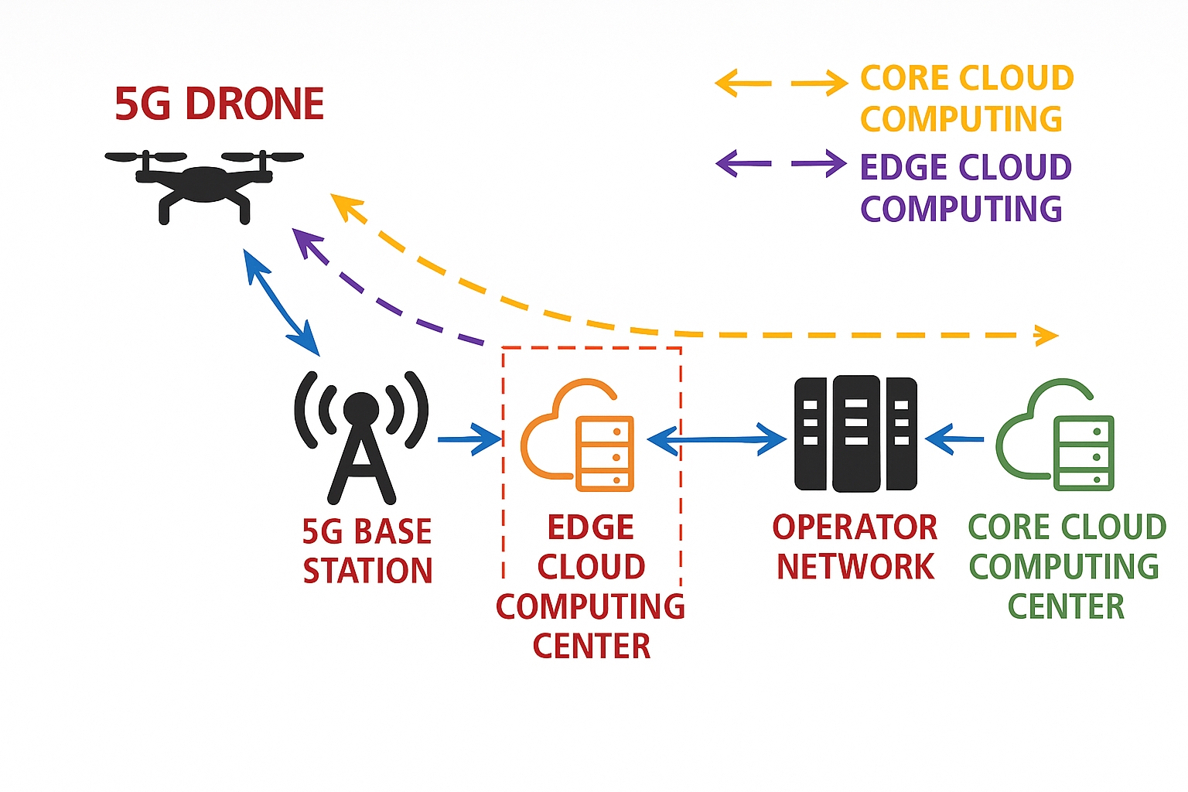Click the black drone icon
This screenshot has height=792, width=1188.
click(x=204, y=186)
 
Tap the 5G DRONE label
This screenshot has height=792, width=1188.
click(x=219, y=104)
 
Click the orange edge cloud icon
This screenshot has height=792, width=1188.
click(x=578, y=435)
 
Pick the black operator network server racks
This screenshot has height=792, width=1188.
click(x=855, y=434)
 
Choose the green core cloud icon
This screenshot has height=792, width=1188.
click(x=1055, y=435)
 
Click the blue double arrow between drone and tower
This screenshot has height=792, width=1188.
click(x=281, y=302)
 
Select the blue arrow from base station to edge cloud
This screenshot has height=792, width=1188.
click(x=470, y=439)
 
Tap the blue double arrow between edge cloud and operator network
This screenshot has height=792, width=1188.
click(x=717, y=439)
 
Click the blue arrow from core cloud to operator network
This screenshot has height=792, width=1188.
click(x=954, y=439)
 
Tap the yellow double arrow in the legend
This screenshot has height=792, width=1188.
click(x=781, y=84)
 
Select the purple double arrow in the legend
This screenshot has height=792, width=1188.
click(x=781, y=163)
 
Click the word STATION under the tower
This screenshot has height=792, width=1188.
click(x=367, y=571)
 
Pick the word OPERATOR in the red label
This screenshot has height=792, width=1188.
click(x=855, y=527)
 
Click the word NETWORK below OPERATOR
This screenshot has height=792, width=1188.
click(x=855, y=567)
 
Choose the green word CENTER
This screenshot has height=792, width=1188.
click(x=1066, y=606)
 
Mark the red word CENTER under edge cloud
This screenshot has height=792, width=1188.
click(x=592, y=646)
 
